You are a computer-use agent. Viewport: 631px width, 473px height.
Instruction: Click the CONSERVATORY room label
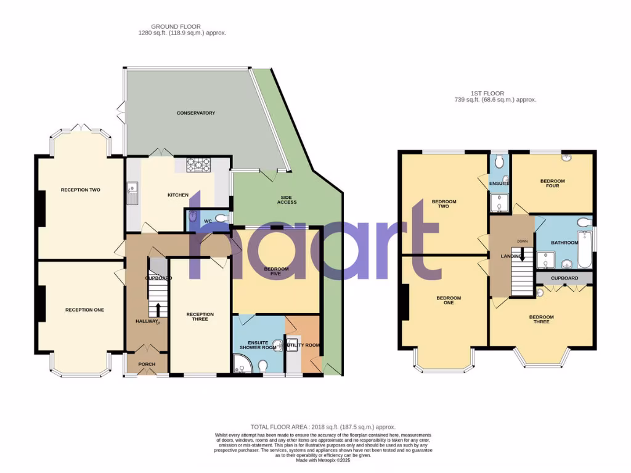(195, 113)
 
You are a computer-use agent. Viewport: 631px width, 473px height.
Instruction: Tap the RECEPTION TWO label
(80, 190)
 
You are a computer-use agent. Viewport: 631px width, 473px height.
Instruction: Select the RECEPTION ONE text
(84, 310)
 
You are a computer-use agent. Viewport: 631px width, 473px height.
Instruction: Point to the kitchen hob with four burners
(198, 165)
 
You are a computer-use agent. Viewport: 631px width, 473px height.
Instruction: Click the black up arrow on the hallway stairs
(158, 309)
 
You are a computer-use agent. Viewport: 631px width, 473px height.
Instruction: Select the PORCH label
(147, 364)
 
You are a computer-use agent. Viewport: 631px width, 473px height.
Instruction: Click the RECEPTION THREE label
(200, 317)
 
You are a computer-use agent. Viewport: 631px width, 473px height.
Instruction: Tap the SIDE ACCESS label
(287, 199)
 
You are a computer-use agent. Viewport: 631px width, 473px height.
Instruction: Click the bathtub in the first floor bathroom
(584, 249)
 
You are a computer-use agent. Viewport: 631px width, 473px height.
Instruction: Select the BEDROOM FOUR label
(552, 183)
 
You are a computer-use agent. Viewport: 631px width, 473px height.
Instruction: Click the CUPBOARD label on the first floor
(564, 278)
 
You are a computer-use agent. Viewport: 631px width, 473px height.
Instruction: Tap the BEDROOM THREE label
(541, 320)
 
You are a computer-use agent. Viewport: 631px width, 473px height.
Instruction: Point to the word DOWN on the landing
(522, 241)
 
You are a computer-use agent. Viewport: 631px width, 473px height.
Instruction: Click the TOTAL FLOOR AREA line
(322, 427)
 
